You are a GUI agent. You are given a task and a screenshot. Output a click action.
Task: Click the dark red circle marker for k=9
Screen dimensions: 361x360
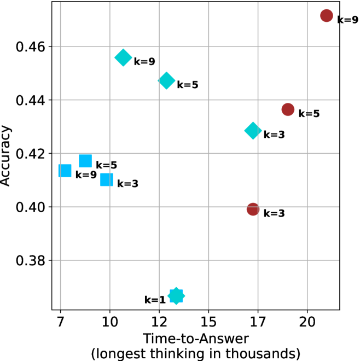click(x=327, y=16)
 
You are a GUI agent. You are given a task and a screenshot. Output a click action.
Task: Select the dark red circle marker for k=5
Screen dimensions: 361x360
click(x=288, y=109)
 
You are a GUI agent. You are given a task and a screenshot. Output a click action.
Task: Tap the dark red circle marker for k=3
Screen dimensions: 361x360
click(x=253, y=209)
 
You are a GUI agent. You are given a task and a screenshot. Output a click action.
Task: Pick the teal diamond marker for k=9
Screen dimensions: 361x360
click(x=123, y=57)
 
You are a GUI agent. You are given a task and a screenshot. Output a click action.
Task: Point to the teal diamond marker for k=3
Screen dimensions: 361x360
click(x=253, y=130)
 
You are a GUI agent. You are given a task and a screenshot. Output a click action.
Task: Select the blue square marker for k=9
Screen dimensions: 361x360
click(x=65, y=171)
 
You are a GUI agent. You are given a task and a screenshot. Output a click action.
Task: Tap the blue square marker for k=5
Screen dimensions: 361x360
click(x=85, y=161)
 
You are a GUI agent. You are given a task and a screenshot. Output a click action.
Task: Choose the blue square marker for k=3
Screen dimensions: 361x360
click(x=107, y=179)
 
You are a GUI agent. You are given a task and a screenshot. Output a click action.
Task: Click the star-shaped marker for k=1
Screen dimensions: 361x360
click(x=176, y=296)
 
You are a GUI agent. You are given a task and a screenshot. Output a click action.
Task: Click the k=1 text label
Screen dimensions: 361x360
click(x=154, y=300)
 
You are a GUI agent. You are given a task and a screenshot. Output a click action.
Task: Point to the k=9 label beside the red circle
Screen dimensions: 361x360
click(x=347, y=20)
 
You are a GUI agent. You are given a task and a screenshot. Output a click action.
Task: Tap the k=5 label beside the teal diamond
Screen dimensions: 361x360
click(x=187, y=85)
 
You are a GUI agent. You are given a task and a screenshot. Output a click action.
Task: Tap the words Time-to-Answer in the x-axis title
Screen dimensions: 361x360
click(x=196, y=338)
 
